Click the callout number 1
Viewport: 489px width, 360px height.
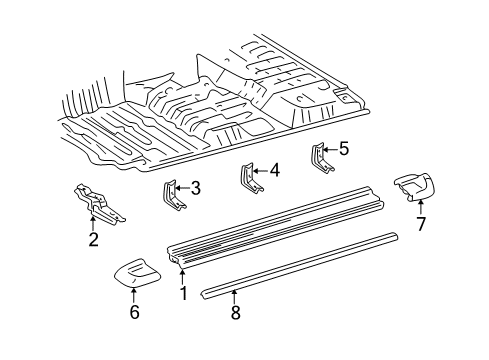pos(184,294)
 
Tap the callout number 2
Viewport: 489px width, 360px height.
pos(93,239)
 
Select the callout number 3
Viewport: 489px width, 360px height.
pos(196,187)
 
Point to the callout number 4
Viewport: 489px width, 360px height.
pos(274,170)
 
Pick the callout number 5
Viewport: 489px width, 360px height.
pos(343,149)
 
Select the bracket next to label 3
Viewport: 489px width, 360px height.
pos(172,195)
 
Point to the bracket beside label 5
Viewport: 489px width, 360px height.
pos(321,158)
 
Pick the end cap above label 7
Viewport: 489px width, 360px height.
pos(416,186)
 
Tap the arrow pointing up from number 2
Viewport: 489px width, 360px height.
pos(93,224)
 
